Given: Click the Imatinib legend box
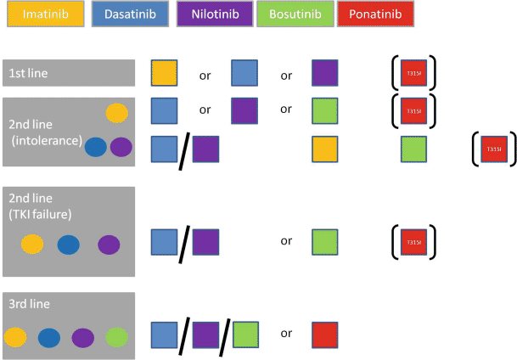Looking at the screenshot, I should (x=40, y=14).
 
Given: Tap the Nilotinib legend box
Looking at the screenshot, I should (x=212, y=14).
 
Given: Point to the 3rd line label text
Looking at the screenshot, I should (x=32, y=307).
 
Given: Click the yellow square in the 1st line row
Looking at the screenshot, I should (x=164, y=73).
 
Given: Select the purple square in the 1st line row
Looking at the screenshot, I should (x=325, y=73).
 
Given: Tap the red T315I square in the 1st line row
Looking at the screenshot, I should (x=413, y=73).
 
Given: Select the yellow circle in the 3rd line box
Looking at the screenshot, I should (x=17, y=337).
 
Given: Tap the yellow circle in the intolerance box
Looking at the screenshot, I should (x=117, y=113).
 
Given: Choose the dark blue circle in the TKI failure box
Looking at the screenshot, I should (x=69, y=245).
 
